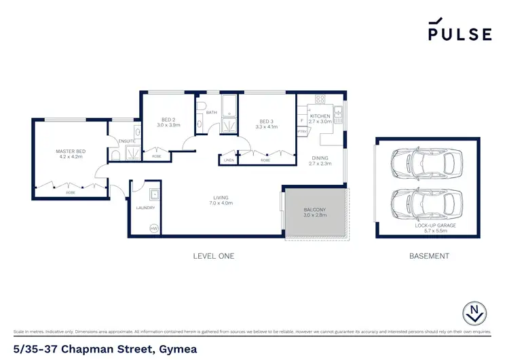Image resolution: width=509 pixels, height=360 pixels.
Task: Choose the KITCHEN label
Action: click(320, 116)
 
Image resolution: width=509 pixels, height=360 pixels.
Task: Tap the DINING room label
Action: click(319, 158)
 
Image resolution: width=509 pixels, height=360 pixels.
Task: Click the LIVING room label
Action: click(221, 196)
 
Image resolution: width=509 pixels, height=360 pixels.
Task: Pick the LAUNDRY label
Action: click(145, 208)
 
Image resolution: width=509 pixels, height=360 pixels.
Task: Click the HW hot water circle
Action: click(153, 228)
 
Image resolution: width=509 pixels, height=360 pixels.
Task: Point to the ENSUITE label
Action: click(127, 141)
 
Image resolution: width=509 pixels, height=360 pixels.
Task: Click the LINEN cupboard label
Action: click(228, 160)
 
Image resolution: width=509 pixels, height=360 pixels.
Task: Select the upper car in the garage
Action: click(428, 162)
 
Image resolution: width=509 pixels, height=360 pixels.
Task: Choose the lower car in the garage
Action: click(428, 202)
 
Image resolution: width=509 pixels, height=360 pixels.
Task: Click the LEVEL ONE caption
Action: click(214, 256)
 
